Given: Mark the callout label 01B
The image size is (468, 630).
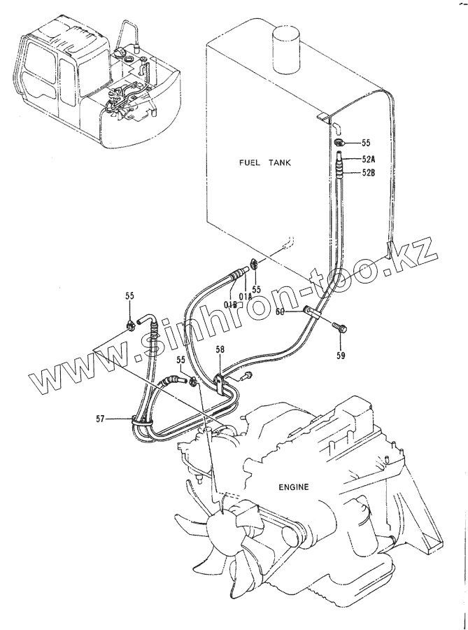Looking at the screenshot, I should (231, 303).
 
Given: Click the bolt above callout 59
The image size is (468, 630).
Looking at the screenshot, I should (340, 325).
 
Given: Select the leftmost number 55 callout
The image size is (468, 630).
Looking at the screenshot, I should (129, 297).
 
